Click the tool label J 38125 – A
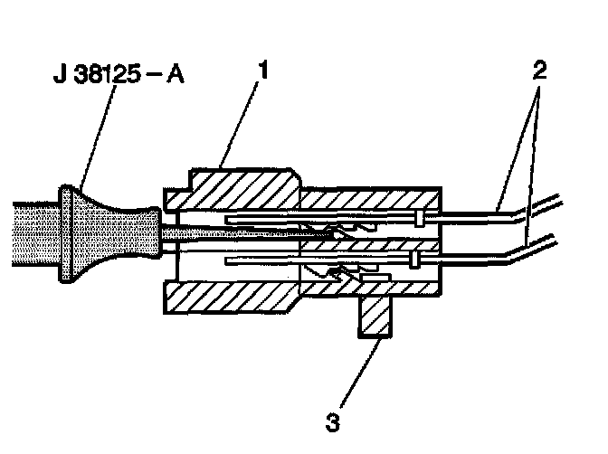click(119, 73)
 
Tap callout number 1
click(263, 70)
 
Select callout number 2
click(540, 70)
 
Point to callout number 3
click(333, 422)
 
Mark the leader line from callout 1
click(239, 125)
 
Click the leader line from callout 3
click(360, 373)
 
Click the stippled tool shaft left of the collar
click(35, 234)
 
